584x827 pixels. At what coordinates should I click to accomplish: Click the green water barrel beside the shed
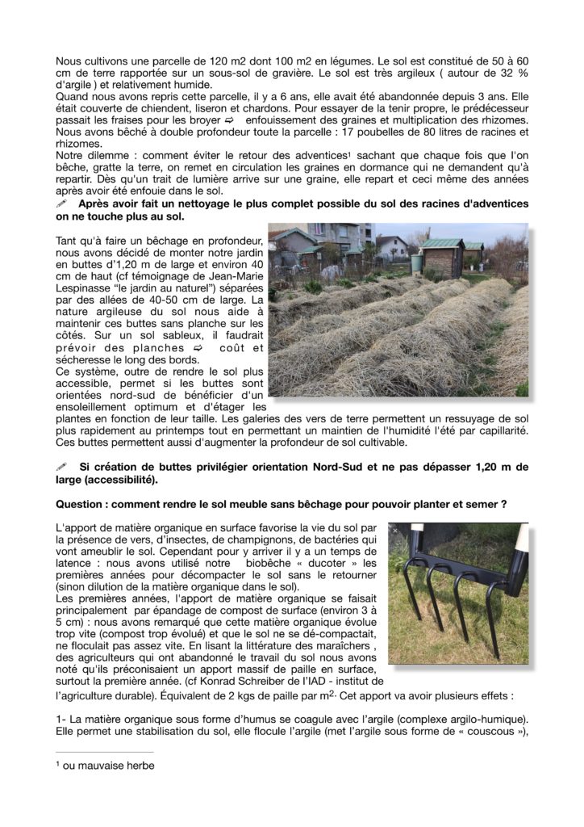click(417, 263)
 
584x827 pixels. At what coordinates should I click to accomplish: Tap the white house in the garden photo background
click(391, 246)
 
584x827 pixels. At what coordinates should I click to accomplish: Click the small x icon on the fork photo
click(394, 531)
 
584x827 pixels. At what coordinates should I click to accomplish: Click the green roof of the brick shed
click(442, 244)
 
